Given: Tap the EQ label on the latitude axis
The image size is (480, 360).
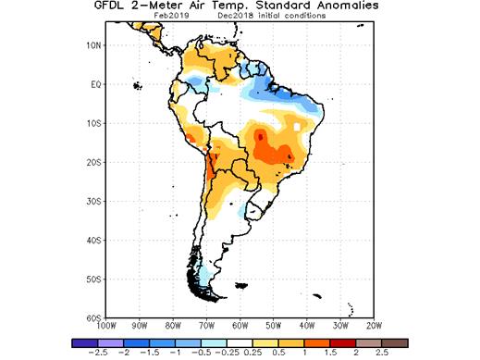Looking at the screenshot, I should pyautogui.click(x=94, y=84).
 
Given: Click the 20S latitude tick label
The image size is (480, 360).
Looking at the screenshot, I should pyautogui.click(x=92, y=162).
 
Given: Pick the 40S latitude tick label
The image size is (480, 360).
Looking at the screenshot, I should pyautogui.click(x=92, y=240).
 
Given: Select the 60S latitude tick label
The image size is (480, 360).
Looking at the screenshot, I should pyautogui.click(x=92, y=317).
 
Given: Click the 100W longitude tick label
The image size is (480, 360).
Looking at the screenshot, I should pyautogui.click(x=105, y=326).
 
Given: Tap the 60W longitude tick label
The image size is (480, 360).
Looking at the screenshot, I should pyautogui.click(x=241, y=326).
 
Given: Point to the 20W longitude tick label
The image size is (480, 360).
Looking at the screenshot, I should pyautogui.click(x=375, y=326).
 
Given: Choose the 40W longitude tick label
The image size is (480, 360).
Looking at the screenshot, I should pyautogui.click(x=308, y=326).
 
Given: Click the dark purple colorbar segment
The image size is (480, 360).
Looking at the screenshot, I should pyautogui.click(x=80, y=342).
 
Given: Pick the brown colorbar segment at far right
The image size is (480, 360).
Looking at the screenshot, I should pyautogui.click(x=395, y=342).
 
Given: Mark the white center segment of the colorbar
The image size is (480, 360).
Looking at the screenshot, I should pyautogui.click(x=238, y=342).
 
